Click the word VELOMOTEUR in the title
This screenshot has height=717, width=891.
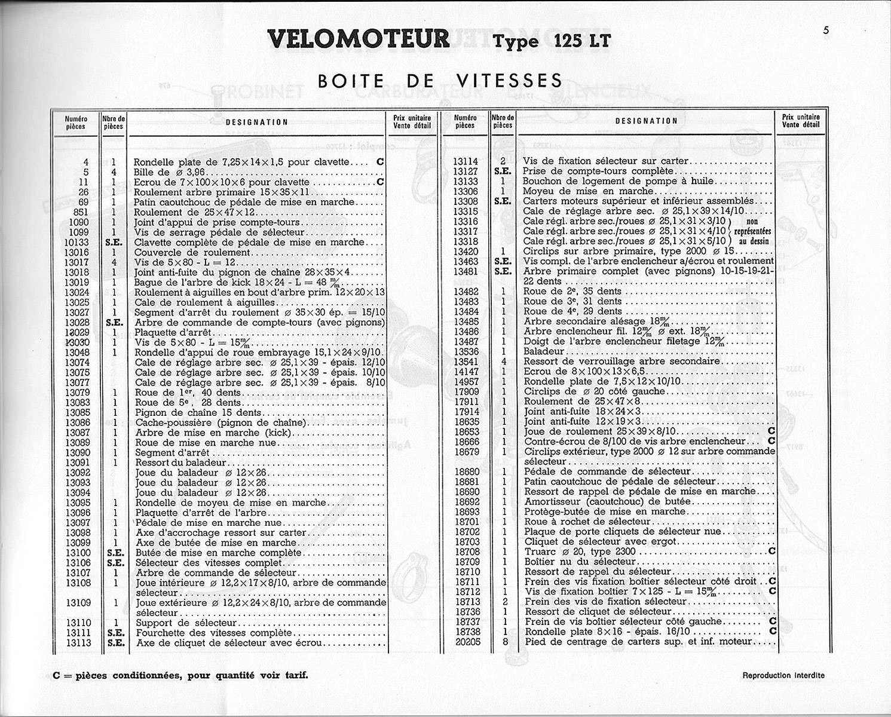point(359,39)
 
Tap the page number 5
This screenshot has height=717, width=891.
point(826,31)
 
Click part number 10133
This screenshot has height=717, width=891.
point(76,243)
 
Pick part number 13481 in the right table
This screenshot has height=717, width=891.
point(466,271)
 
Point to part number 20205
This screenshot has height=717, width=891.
point(466,642)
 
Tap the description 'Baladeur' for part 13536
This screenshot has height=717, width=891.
point(544,352)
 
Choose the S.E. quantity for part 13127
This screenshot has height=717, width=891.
point(503,171)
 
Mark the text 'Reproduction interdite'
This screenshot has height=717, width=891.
point(783,675)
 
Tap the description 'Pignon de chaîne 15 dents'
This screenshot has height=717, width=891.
point(198,412)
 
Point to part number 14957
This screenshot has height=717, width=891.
point(466,382)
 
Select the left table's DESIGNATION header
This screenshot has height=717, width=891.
point(256,122)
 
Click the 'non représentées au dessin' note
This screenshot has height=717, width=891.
point(751,231)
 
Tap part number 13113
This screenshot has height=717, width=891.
point(78,643)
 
